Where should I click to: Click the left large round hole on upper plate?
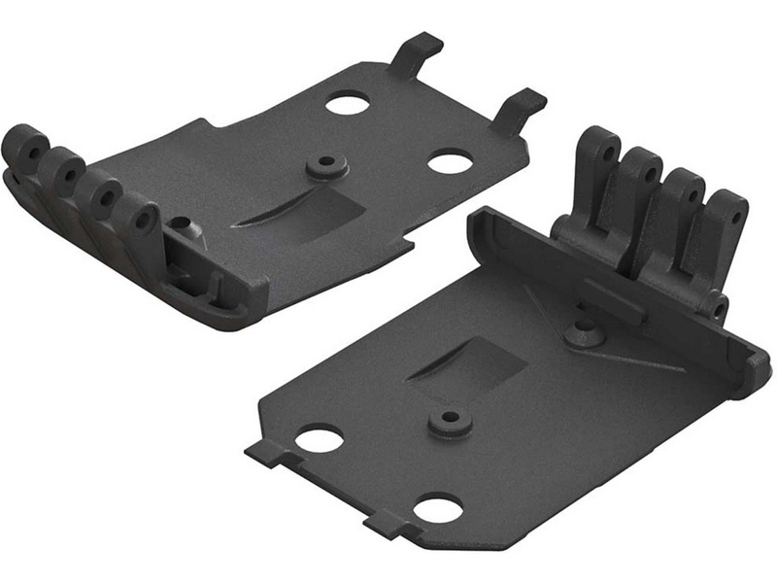(347, 103)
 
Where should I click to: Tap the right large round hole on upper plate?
(450, 161)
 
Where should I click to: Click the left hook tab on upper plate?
(415, 52)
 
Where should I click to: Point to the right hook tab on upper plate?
(519, 105)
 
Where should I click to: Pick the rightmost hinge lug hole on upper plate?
(144, 221)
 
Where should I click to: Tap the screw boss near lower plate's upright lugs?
(586, 333)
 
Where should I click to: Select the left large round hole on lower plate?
(319, 438)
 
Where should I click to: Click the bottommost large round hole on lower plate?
(434, 507)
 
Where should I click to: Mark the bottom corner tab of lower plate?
(384, 525)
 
